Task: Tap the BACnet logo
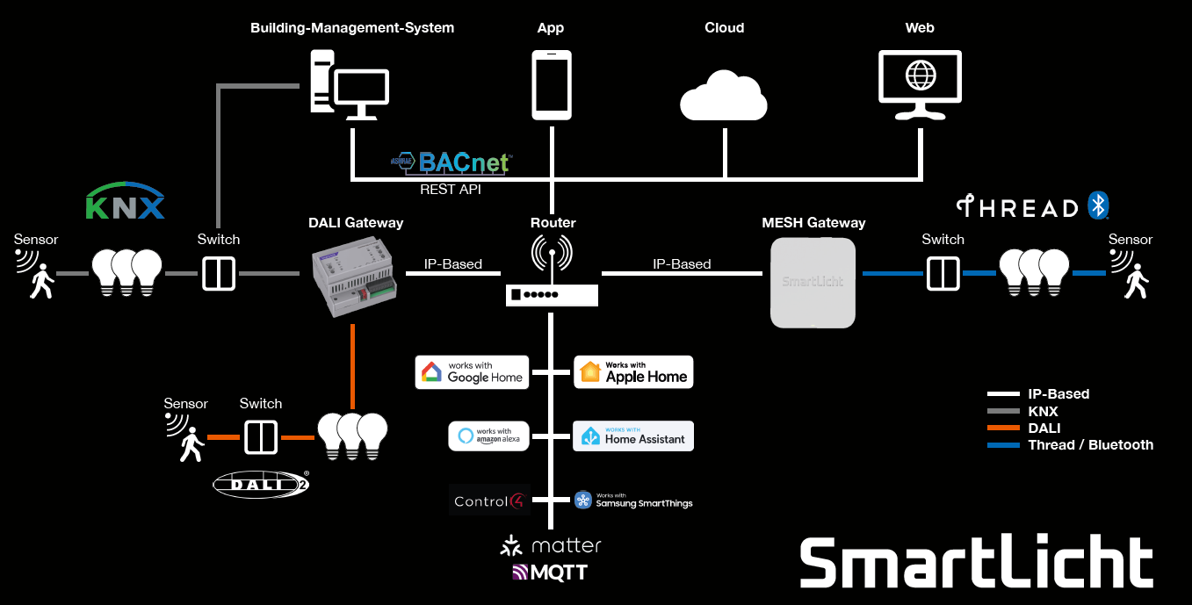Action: (452, 162)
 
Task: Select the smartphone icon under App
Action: (552, 84)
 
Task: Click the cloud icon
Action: (724, 97)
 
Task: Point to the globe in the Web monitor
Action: (921, 75)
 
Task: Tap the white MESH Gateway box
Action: (813, 283)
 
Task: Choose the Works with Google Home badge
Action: (473, 372)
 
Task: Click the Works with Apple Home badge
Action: (633, 372)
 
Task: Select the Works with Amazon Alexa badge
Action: (489, 436)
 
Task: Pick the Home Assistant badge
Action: (633, 436)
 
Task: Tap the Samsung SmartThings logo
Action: (633, 501)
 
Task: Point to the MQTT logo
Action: (550, 573)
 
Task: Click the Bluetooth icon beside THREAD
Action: (1098, 205)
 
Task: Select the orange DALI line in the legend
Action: (1004, 429)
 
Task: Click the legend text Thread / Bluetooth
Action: (1090, 445)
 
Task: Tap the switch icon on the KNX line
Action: (219, 274)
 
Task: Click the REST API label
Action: (451, 189)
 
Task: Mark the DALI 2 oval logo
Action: (261, 484)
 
